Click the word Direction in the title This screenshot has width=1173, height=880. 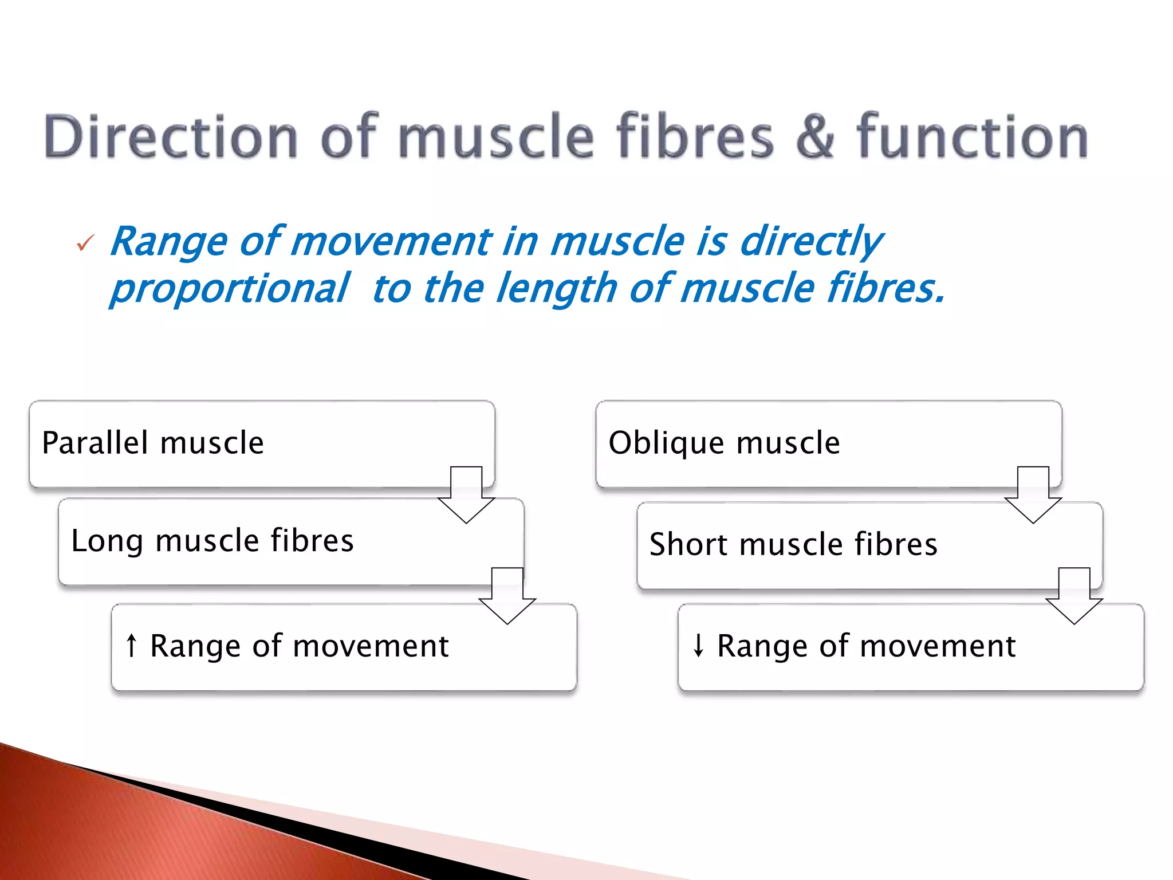click(171, 136)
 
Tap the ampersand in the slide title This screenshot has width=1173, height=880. click(815, 136)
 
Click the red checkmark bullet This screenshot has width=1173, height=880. click(85, 243)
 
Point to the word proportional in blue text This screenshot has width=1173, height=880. click(229, 288)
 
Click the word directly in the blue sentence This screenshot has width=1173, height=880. click(810, 241)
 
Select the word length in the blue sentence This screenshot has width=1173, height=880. click(556, 288)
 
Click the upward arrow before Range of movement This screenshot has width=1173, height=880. click(132, 646)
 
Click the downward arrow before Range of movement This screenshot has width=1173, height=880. click(698, 646)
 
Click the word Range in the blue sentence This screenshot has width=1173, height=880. click(169, 241)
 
